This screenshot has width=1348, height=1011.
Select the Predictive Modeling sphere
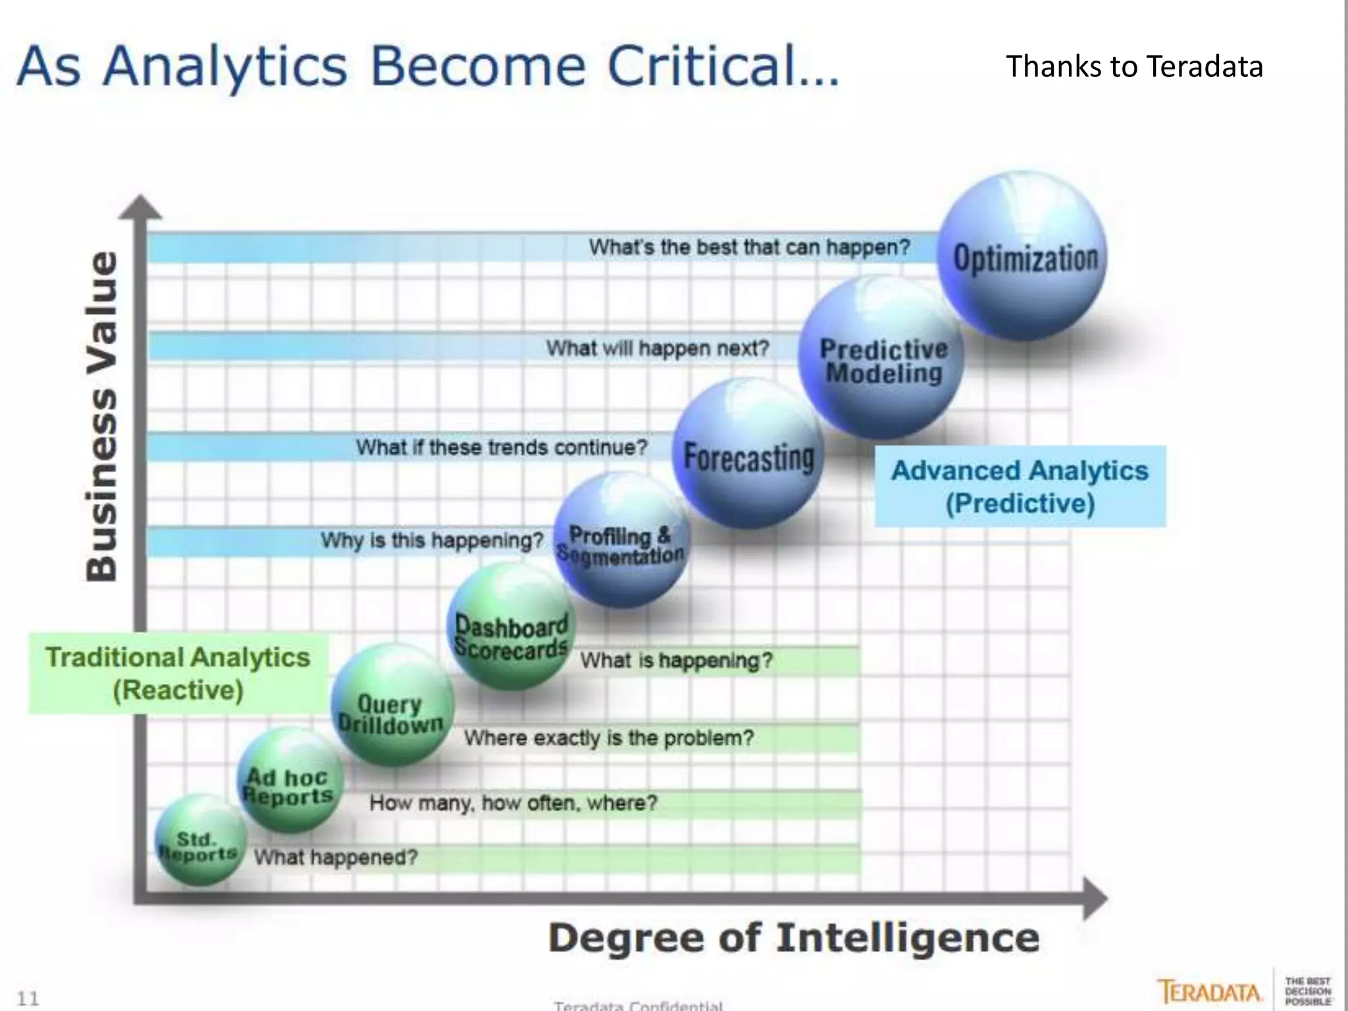(882, 359)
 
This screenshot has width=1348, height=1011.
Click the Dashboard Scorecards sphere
(511, 629)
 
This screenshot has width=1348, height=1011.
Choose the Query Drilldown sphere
(392, 708)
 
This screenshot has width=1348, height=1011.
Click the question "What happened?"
(336, 857)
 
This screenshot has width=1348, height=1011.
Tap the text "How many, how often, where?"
(513, 803)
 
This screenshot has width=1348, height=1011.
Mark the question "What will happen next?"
(658, 348)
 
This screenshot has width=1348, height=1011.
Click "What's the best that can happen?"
(749, 247)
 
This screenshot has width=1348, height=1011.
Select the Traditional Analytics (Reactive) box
(178, 673)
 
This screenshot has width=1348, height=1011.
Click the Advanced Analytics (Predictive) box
(1020, 486)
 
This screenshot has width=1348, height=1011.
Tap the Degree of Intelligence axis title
(794, 938)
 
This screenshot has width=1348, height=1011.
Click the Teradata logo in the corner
(1209, 991)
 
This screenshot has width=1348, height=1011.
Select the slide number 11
(28, 998)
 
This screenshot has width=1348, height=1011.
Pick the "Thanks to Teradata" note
(1134, 66)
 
